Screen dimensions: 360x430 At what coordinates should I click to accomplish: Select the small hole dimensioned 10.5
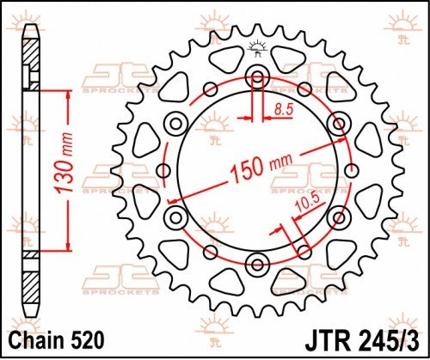(x=304, y=251)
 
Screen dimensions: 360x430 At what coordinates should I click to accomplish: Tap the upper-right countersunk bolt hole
(x=339, y=121)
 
